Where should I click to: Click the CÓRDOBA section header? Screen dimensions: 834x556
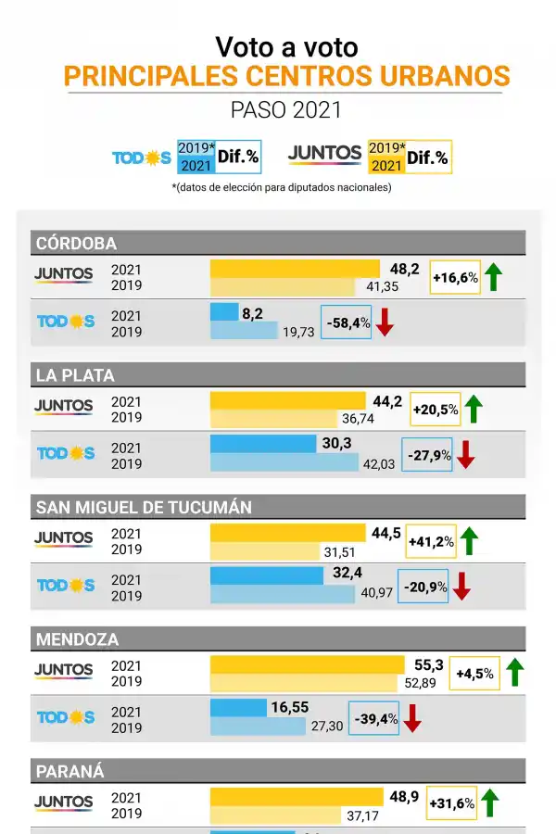(x=278, y=244)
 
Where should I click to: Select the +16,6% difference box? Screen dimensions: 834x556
(x=455, y=277)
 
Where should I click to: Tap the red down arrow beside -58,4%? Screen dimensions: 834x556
(x=385, y=322)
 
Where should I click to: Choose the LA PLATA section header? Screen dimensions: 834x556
(x=278, y=375)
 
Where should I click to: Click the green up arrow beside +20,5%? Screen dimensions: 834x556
(x=474, y=409)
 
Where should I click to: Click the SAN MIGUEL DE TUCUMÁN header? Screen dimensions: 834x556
(x=278, y=507)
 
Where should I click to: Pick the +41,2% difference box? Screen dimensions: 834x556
(x=431, y=541)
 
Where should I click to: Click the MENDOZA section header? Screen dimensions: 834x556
(x=278, y=639)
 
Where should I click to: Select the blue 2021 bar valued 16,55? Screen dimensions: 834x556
(x=239, y=709)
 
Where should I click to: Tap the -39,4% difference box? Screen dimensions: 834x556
(x=374, y=718)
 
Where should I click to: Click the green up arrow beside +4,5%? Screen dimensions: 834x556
(x=514, y=673)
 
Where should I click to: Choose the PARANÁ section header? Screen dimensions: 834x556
(x=278, y=771)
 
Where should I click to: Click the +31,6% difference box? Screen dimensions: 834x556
(x=451, y=803)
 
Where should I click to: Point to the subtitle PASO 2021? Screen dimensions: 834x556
(x=286, y=109)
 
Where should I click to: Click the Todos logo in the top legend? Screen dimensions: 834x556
(x=142, y=158)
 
